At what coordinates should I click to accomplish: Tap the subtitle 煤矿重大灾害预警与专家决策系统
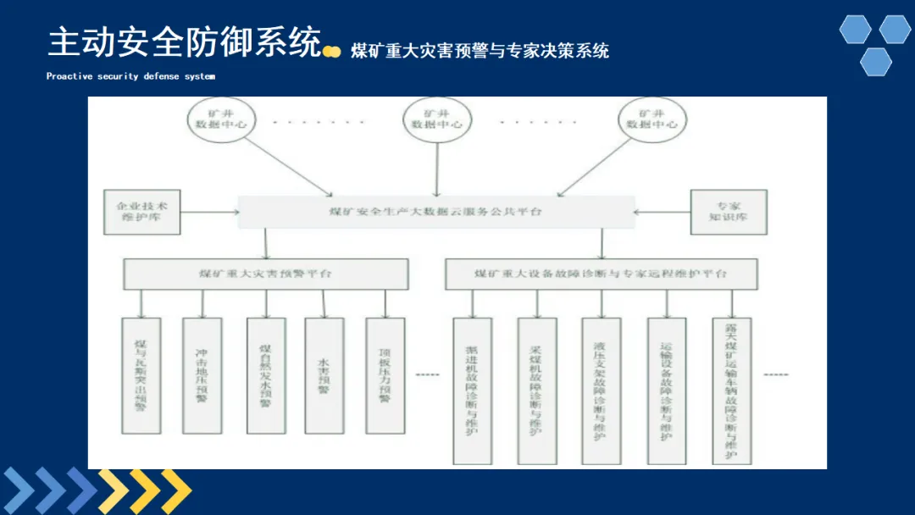[480, 51]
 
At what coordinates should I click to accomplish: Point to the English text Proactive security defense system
[130, 76]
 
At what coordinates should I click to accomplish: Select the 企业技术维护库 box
[141, 212]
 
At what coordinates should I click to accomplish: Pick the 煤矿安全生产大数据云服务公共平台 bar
[435, 212]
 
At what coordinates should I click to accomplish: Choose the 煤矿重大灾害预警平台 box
[265, 274]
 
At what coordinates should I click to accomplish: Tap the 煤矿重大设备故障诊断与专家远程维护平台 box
[601, 274]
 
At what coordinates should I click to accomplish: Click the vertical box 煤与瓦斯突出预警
[141, 375]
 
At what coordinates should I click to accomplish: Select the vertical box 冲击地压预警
[202, 375]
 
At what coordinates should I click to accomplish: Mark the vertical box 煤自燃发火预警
[265, 375]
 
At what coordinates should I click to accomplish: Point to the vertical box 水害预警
[324, 375]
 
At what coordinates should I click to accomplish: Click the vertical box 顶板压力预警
[385, 375]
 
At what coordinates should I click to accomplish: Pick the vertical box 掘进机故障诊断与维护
[472, 390]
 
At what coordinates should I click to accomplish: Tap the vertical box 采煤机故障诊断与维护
[536, 390]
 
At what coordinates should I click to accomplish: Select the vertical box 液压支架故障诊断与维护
[601, 390]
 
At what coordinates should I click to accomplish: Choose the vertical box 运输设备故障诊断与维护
[666, 390]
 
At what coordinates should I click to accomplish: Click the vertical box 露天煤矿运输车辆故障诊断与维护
[731, 390]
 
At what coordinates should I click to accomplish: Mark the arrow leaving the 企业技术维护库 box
[209, 212]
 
